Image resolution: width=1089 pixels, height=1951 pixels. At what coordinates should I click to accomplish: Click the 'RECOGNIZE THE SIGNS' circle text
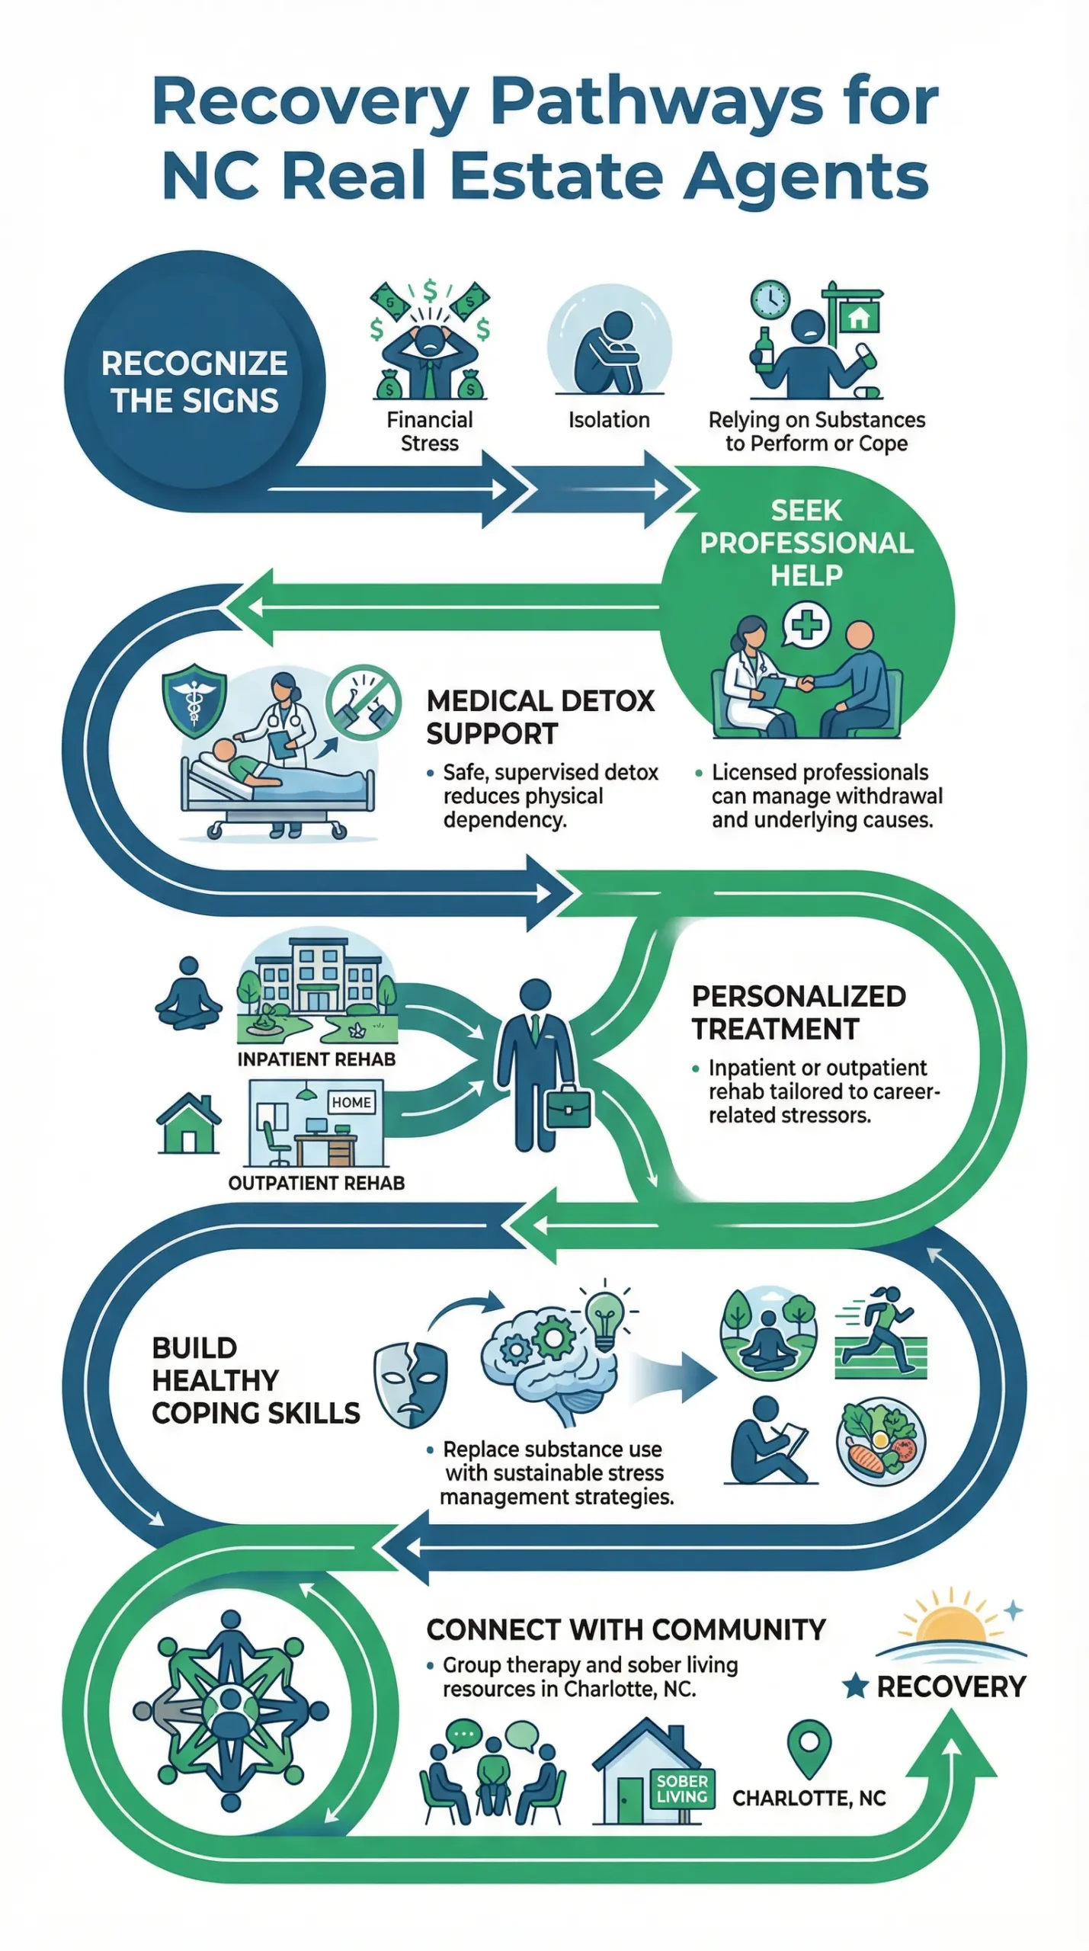click(x=194, y=382)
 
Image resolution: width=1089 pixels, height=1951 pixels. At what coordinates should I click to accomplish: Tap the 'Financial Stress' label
click(x=429, y=431)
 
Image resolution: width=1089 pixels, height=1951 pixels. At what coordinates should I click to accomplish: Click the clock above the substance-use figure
click(x=770, y=300)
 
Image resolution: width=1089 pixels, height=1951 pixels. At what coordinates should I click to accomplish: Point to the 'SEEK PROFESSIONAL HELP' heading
click(x=806, y=543)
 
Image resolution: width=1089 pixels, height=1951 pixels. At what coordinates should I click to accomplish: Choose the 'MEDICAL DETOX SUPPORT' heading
click(x=540, y=717)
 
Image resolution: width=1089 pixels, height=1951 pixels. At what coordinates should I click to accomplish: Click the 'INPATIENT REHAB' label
click(x=316, y=1059)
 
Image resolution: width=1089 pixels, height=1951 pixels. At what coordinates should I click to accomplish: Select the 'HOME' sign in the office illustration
click(x=351, y=1102)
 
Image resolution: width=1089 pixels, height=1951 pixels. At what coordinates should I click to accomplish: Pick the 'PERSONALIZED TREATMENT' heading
click(x=798, y=1012)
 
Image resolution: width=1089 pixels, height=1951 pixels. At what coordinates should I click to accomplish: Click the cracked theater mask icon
click(x=410, y=1384)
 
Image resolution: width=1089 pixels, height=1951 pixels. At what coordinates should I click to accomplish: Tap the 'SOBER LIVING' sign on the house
click(x=682, y=1789)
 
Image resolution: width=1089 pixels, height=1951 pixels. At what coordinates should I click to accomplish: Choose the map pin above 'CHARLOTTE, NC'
click(x=809, y=1745)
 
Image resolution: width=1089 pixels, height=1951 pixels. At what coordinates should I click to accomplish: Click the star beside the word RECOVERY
click(x=855, y=1686)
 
